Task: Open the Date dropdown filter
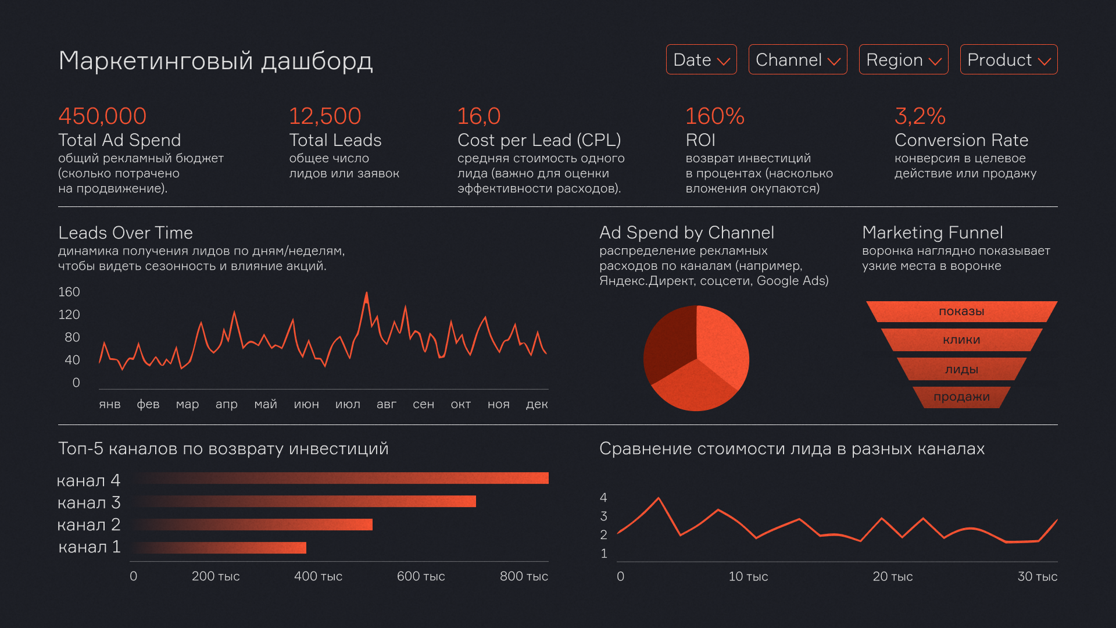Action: pyautogui.click(x=701, y=59)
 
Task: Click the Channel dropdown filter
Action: pyautogui.click(x=797, y=59)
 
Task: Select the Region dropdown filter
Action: pyautogui.click(x=903, y=59)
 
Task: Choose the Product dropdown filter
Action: pyautogui.click(x=1008, y=59)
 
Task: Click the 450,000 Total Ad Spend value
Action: pyautogui.click(x=102, y=116)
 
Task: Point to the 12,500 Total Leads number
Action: pyautogui.click(x=325, y=116)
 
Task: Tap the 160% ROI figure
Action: pyautogui.click(x=714, y=116)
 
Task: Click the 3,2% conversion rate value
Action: pyautogui.click(x=920, y=116)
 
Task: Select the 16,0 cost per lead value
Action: pyautogui.click(x=478, y=116)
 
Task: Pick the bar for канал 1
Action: pyautogui.click(x=221, y=548)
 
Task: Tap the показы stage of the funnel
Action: pyautogui.click(x=961, y=312)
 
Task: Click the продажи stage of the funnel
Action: pyautogui.click(x=961, y=397)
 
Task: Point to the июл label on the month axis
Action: pyautogui.click(x=348, y=404)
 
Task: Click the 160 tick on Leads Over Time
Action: pyautogui.click(x=69, y=292)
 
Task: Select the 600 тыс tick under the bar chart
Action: pyautogui.click(x=420, y=576)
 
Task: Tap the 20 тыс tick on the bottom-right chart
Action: pyautogui.click(x=892, y=577)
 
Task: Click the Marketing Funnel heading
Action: pyautogui.click(x=932, y=233)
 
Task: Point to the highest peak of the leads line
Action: pyautogui.click(x=366, y=293)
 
